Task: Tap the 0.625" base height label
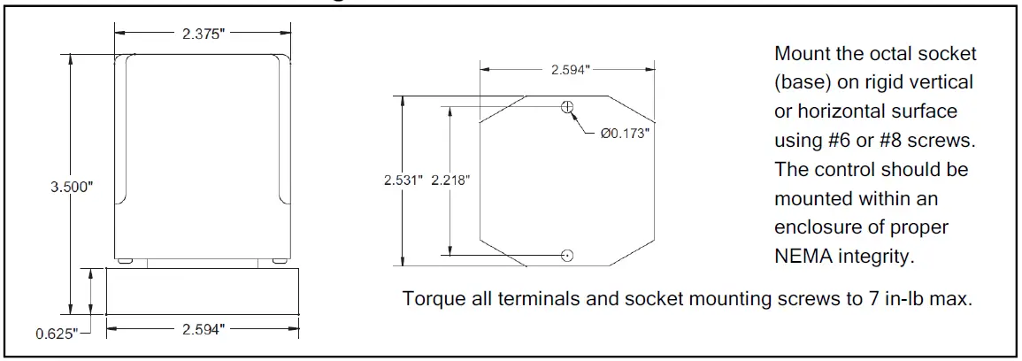tap(57, 333)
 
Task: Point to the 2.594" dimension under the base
tap(203, 329)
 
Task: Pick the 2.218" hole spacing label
tap(450, 180)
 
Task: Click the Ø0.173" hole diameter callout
tap(625, 134)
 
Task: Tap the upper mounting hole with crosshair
tap(567, 107)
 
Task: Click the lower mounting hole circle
tap(567, 255)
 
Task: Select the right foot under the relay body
tap(279, 262)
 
